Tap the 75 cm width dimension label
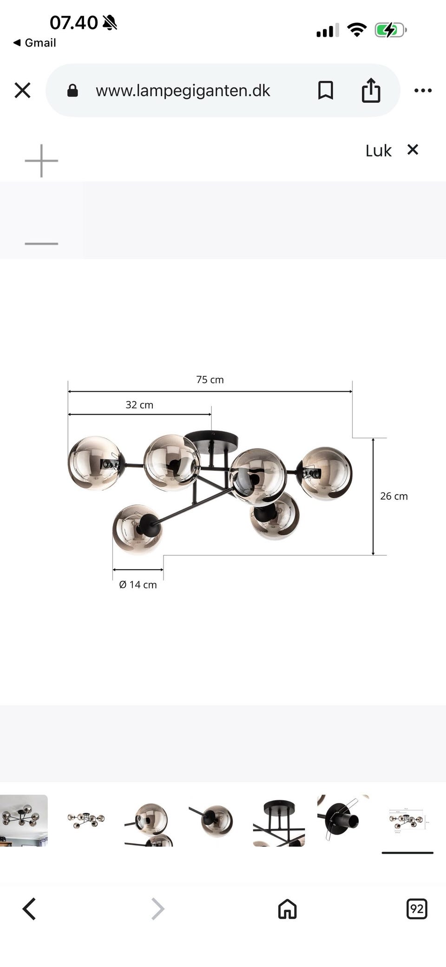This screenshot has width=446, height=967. pyautogui.click(x=210, y=380)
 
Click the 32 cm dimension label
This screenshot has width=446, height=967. pyautogui.click(x=139, y=405)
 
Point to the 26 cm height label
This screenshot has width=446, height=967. pyautogui.click(x=394, y=496)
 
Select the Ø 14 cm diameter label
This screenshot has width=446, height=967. pyautogui.click(x=138, y=585)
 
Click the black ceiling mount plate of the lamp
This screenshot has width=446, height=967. pyautogui.click(x=211, y=439)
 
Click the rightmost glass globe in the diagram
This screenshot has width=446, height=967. pyautogui.click(x=324, y=474)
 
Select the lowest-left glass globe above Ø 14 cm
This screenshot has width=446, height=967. pyautogui.click(x=138, y=529)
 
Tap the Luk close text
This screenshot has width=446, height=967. pyautogui.click(x=379, y=151)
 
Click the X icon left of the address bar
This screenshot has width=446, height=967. pyautogui.click(x=22, y=90)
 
